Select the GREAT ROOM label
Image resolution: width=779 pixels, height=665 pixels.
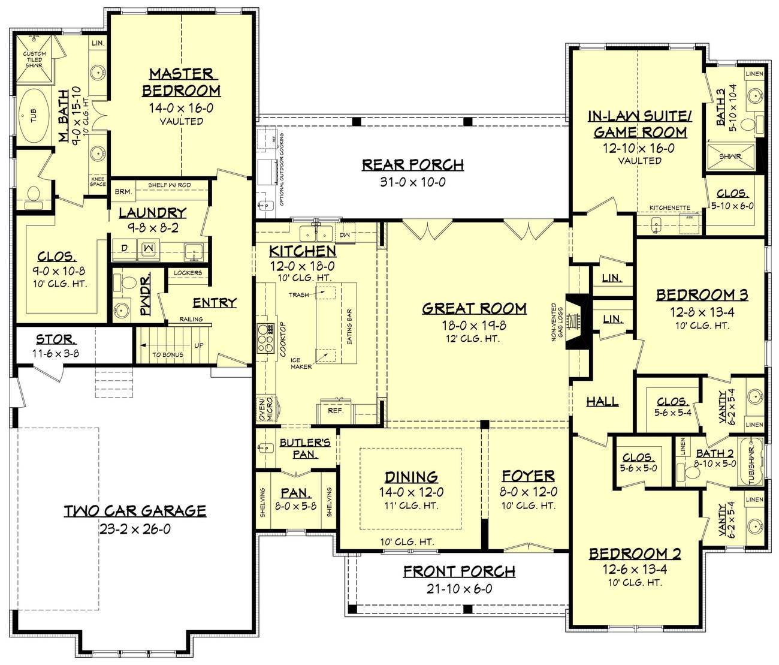click(474, 308)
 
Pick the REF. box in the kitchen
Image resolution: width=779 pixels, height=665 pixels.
click(336, 411)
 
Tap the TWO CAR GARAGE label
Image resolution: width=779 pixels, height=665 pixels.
click(135, 511)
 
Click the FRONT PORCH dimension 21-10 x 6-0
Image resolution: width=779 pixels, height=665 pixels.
click(459, 589)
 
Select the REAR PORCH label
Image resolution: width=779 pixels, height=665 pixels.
click(412, 164)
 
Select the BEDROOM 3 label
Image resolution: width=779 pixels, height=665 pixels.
click(702, 294)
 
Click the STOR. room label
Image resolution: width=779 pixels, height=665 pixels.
click(55, 339)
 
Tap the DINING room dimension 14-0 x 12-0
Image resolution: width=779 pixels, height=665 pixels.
click(411, 492)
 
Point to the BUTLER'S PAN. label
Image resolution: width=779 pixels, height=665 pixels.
click(305, 449)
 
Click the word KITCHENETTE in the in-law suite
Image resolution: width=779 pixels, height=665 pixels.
click(670, 208)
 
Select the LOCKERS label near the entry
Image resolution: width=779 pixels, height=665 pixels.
click(188, 273)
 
